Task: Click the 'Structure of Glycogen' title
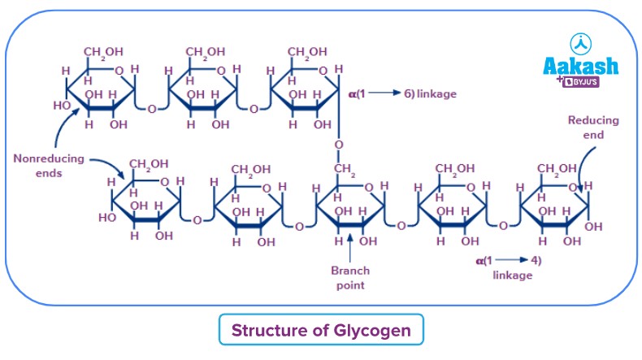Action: [321, 331]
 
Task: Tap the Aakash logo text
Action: [579, 66]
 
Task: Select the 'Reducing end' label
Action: [592, 128]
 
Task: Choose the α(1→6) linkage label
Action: [401, 94]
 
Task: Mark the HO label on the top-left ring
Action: [62, 106]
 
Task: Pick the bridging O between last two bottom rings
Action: [504, 223]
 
